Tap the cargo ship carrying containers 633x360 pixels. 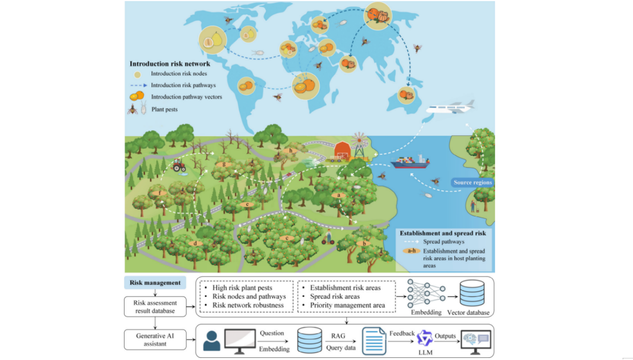coord(410,162)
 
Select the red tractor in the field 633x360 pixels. coord(179,165)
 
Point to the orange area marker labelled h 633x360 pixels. coord(291,151)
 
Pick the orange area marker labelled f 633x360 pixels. coord(160,193)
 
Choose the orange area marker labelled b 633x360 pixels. coord(364,243)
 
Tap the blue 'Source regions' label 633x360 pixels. coord(472,182)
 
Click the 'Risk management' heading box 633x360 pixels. coord(155,283)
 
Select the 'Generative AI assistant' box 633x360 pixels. coord(155,340)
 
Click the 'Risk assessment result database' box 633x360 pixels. coord(155,307)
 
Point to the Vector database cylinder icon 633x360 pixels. coord(472,293)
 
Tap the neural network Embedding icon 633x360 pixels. coord(426,293)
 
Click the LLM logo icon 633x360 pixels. coord(425,338)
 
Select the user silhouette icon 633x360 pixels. coord(212,341)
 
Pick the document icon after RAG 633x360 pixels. coord(374,341)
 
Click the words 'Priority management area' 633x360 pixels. coord(347,305)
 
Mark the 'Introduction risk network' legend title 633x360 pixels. coord(170,64)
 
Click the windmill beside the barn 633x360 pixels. coord(359,145)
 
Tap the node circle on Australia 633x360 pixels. coord(406,96)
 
